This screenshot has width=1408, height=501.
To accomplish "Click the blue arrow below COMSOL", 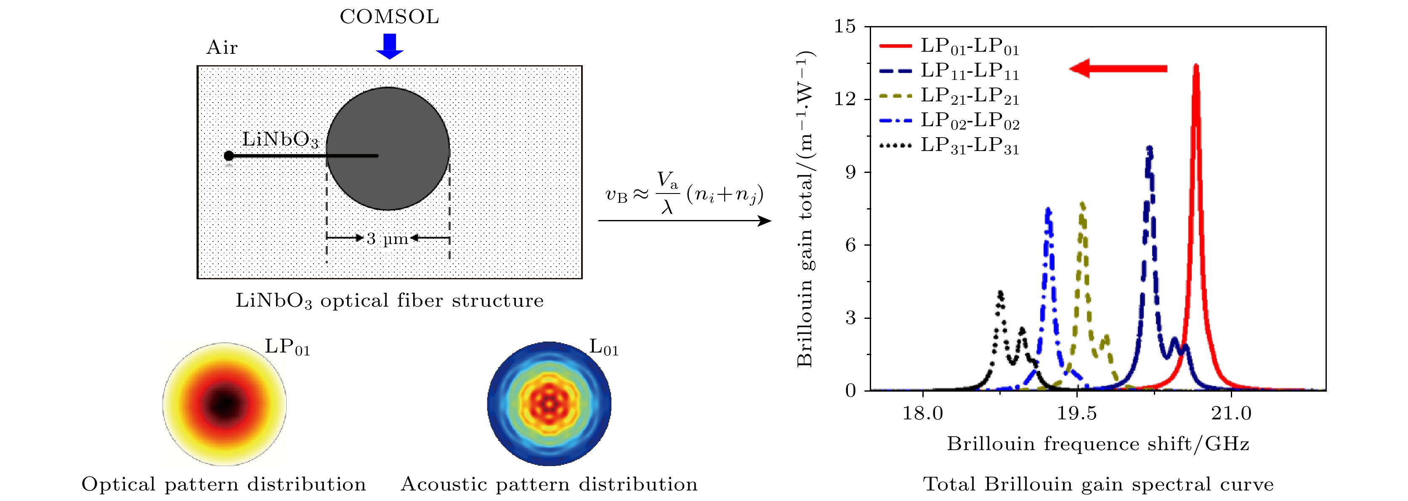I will click(x=389, y=46).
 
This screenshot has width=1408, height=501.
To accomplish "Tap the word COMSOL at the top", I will click(x=389, y=17).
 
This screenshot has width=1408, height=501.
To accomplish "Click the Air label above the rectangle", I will click(x=222, y=48).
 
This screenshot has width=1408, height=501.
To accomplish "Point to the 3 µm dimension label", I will click(x=388, y=239).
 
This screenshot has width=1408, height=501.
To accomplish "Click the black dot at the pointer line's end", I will click(x=229, y=156).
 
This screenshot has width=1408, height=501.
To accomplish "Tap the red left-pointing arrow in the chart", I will click(x=1118, y=69).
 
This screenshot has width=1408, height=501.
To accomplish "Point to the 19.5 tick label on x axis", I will click(x=1076, y=413).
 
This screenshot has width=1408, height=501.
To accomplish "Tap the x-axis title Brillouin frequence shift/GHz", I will click(x=1097, y=444).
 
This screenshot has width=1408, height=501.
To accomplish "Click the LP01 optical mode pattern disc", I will click(x=224, y=404).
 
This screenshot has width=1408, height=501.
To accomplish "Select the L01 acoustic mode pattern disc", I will click(x=549, y=404).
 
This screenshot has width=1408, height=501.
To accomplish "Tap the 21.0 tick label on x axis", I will click(x=1231, y=413).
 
